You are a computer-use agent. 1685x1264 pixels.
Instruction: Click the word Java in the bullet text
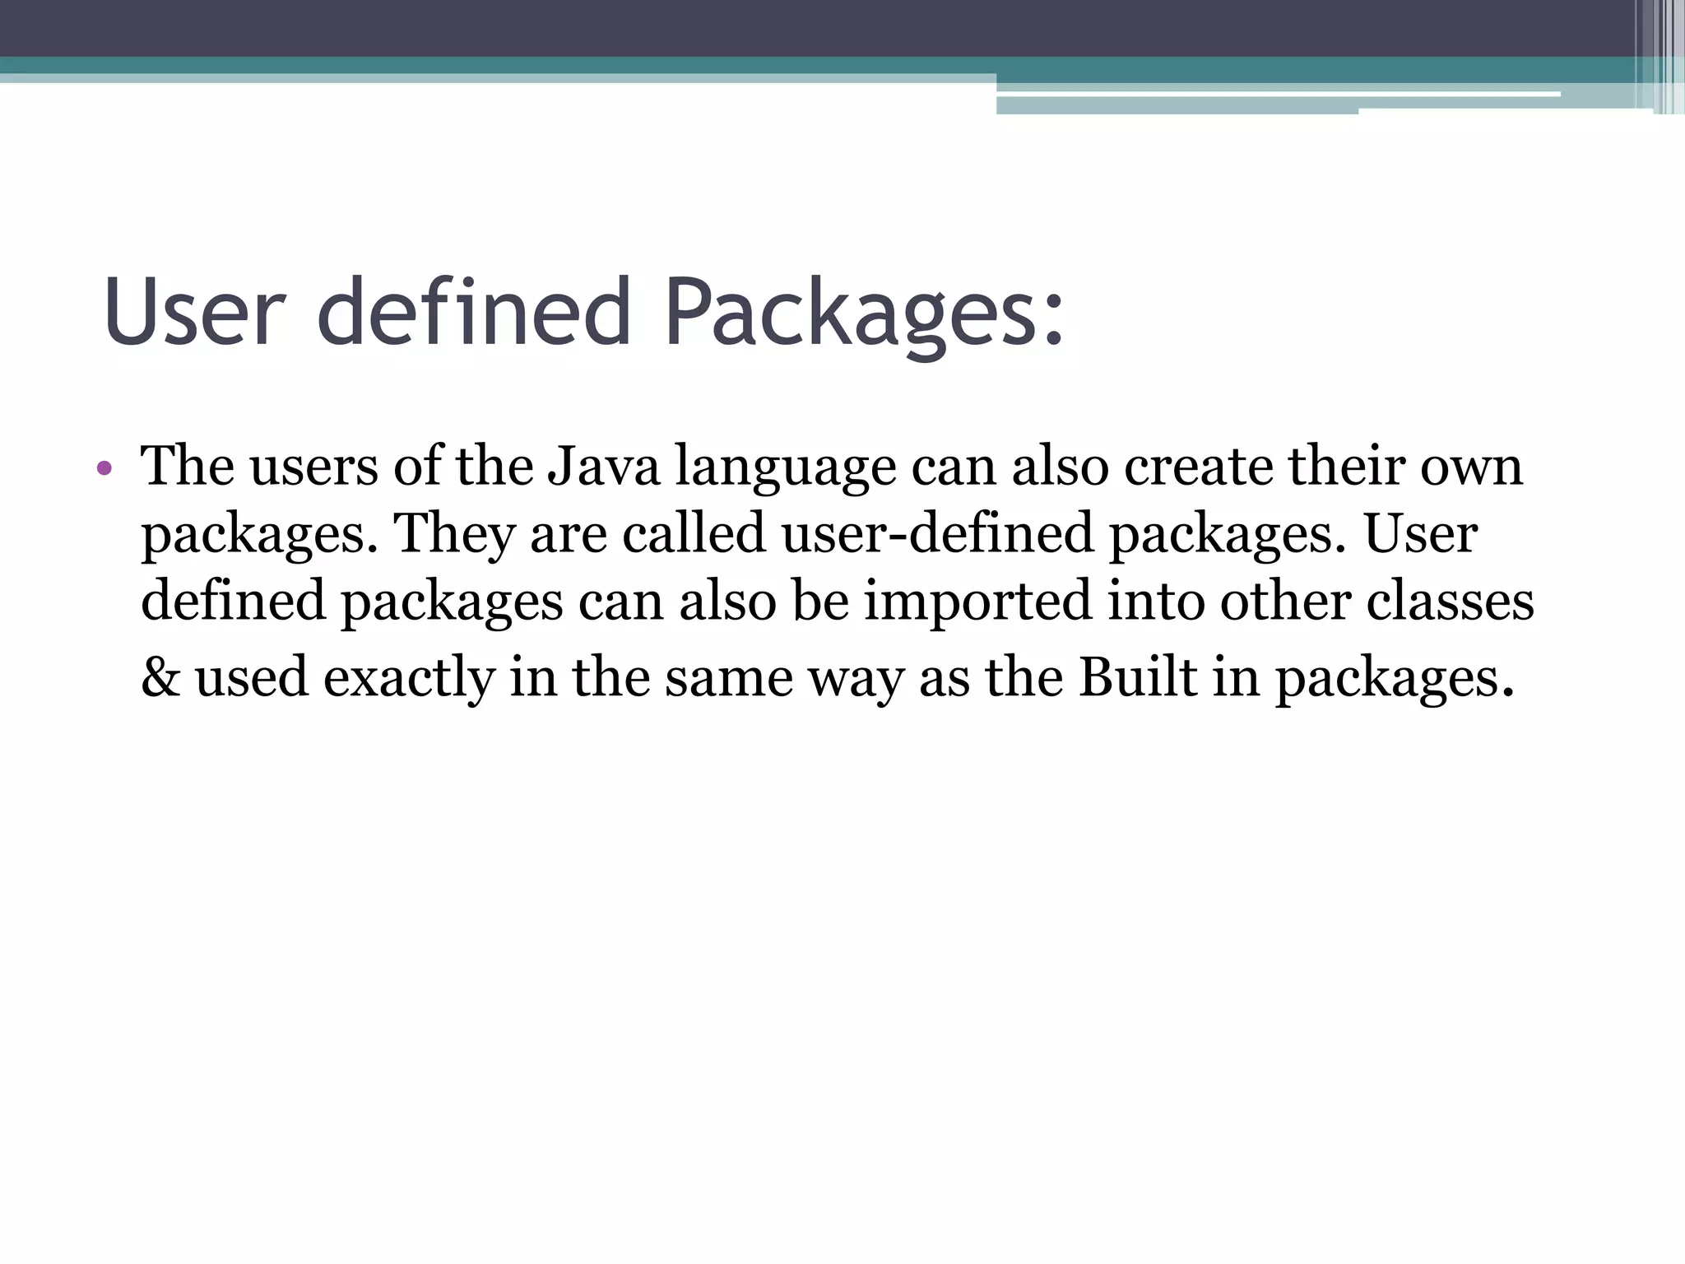[603, 467]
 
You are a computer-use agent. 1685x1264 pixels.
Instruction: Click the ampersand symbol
[160, 677]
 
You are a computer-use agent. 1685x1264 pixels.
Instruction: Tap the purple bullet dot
[103, 469]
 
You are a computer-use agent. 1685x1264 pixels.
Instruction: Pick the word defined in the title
[473, 311]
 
